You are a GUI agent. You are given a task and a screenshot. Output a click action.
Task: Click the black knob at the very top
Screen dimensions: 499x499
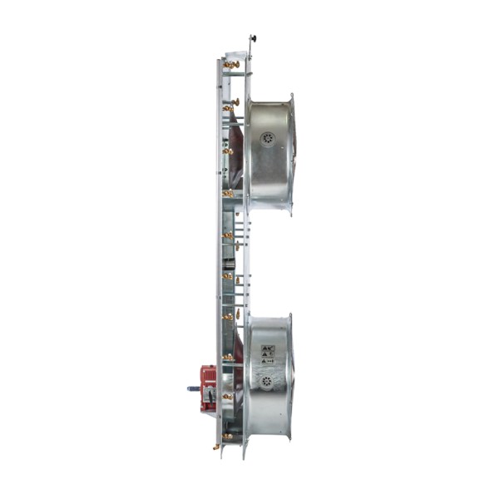[x=253, y=37]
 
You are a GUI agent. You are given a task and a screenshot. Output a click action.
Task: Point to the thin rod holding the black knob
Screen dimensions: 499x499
[x=251, y=52]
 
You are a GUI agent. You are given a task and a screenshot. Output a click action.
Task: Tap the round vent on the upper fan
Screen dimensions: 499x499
[x=267, y=139]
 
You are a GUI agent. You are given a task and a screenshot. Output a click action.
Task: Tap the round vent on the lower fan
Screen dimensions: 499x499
[x=267, y=382]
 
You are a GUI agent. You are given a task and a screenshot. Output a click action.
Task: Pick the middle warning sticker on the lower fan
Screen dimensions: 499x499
[x=266, y=358]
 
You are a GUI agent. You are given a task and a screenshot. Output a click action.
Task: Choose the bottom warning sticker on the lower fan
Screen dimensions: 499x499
[x=266, y=366]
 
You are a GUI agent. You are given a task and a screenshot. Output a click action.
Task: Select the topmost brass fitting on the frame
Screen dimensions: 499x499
[x=232, y=64]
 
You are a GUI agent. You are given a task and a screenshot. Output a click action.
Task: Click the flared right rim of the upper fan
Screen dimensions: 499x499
[x=291, y=154]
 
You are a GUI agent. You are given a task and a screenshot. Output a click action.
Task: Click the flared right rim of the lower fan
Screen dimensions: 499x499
[x=290, y=378]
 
